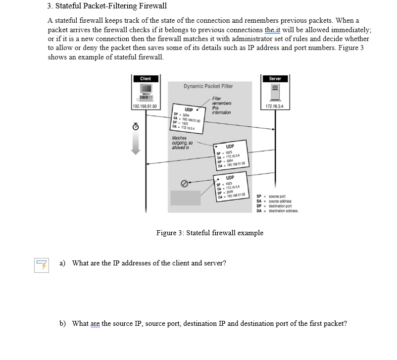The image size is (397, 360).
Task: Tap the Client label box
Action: (x=146, y=79)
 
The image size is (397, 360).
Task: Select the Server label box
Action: (x=275, y=79)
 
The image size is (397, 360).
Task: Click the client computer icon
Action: (x=146, y=93)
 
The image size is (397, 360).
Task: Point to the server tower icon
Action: (x=275, y=93)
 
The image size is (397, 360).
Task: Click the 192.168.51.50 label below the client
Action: (x=146, y=106)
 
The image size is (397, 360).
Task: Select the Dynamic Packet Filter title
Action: (x=208, y=86)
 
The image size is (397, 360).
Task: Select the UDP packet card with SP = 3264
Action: (x=189, y=119)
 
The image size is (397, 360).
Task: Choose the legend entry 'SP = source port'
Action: (x=275, y=197)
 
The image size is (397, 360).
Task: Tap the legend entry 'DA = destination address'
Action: (x=277, y=210)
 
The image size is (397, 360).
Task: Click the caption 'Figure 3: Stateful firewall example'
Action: (x=209, y=233)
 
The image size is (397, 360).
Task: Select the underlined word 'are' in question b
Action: (x=95, y=324)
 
